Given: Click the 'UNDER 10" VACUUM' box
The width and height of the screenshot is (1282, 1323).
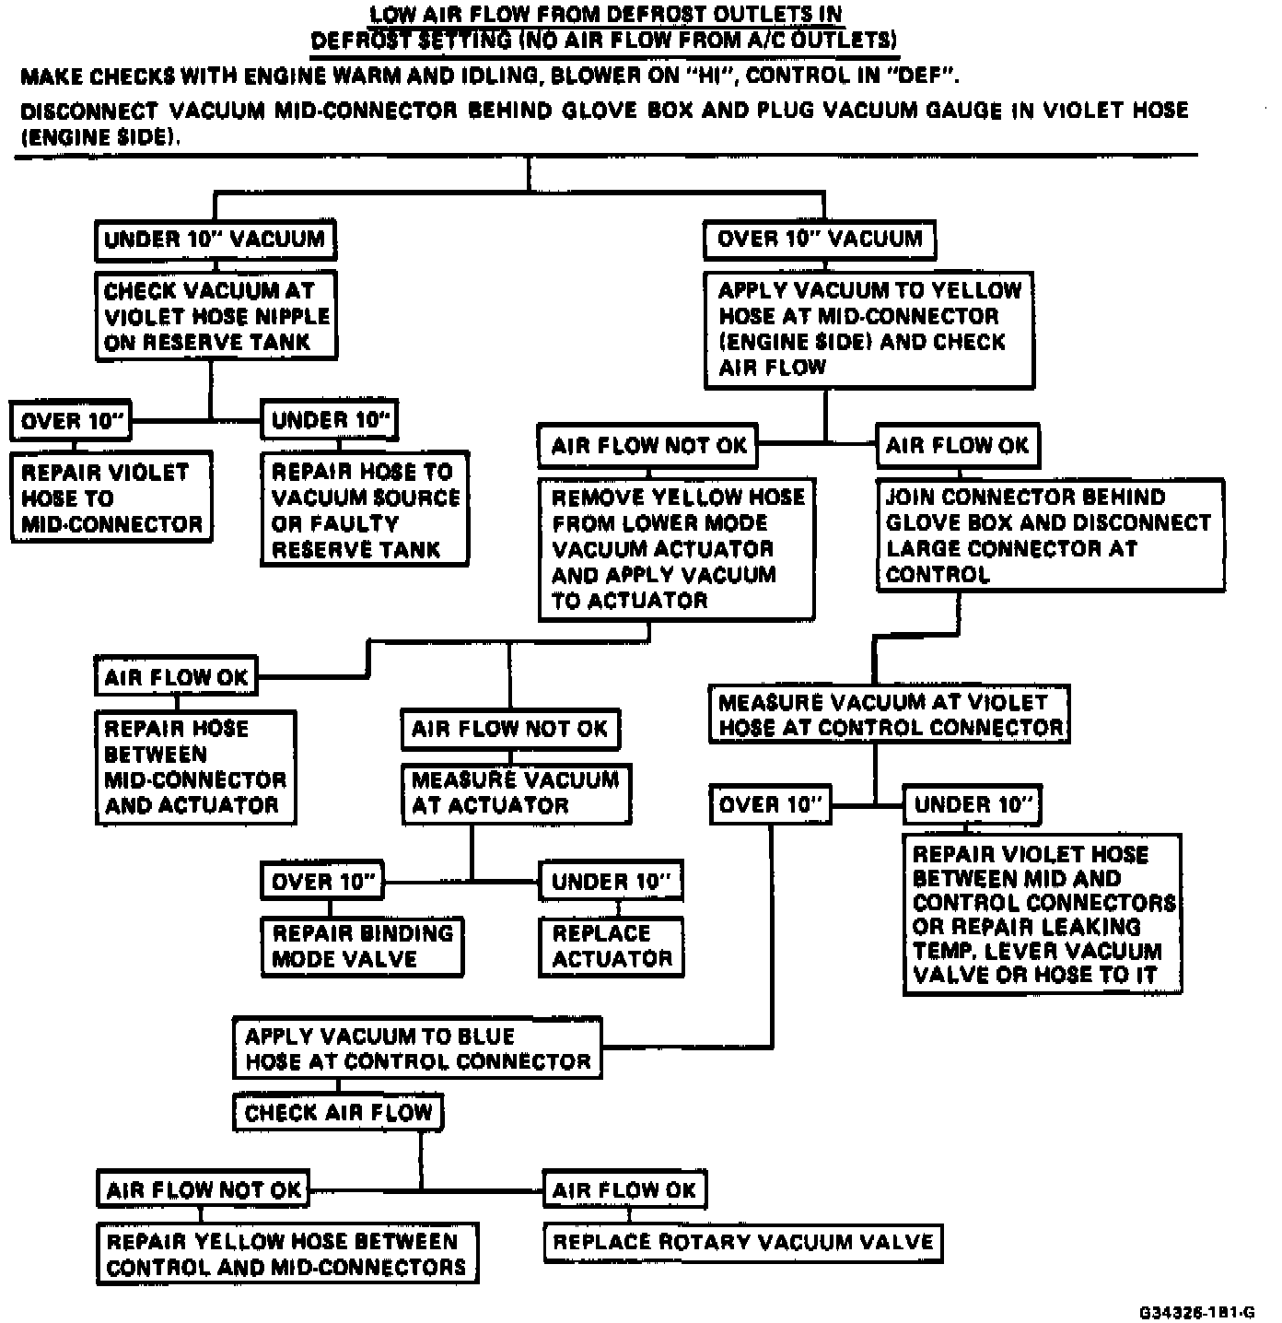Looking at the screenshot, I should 215,240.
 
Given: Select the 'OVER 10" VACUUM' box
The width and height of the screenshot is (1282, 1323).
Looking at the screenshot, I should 819,240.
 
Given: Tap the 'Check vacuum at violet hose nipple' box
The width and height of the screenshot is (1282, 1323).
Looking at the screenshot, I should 216,316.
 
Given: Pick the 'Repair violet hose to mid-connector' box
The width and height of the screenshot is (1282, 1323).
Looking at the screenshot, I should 111,498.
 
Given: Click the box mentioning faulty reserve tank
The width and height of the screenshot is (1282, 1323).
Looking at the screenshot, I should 365,509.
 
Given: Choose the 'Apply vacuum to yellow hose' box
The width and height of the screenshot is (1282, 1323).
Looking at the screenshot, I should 868,329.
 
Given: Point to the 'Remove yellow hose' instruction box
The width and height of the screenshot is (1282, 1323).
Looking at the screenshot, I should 677,548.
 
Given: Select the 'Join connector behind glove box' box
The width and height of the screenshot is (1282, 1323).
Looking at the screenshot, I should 1050,535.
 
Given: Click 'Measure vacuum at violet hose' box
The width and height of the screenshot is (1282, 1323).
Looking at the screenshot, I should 889,715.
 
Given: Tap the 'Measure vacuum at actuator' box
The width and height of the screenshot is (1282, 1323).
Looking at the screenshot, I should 516,793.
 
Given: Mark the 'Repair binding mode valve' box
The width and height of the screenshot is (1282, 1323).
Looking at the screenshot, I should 362,946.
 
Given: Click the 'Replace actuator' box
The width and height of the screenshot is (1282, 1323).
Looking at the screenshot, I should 612,946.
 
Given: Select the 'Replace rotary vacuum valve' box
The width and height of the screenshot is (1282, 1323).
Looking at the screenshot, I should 743,1242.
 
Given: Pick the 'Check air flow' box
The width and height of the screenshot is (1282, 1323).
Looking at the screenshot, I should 338,1113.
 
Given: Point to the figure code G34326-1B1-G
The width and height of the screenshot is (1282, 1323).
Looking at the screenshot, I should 1196,1312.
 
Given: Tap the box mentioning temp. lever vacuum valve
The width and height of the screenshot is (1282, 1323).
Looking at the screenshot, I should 1043,914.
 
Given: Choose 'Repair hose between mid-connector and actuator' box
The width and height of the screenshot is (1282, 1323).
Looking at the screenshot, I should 195,767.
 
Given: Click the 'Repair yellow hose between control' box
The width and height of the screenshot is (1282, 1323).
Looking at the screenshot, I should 287,1254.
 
